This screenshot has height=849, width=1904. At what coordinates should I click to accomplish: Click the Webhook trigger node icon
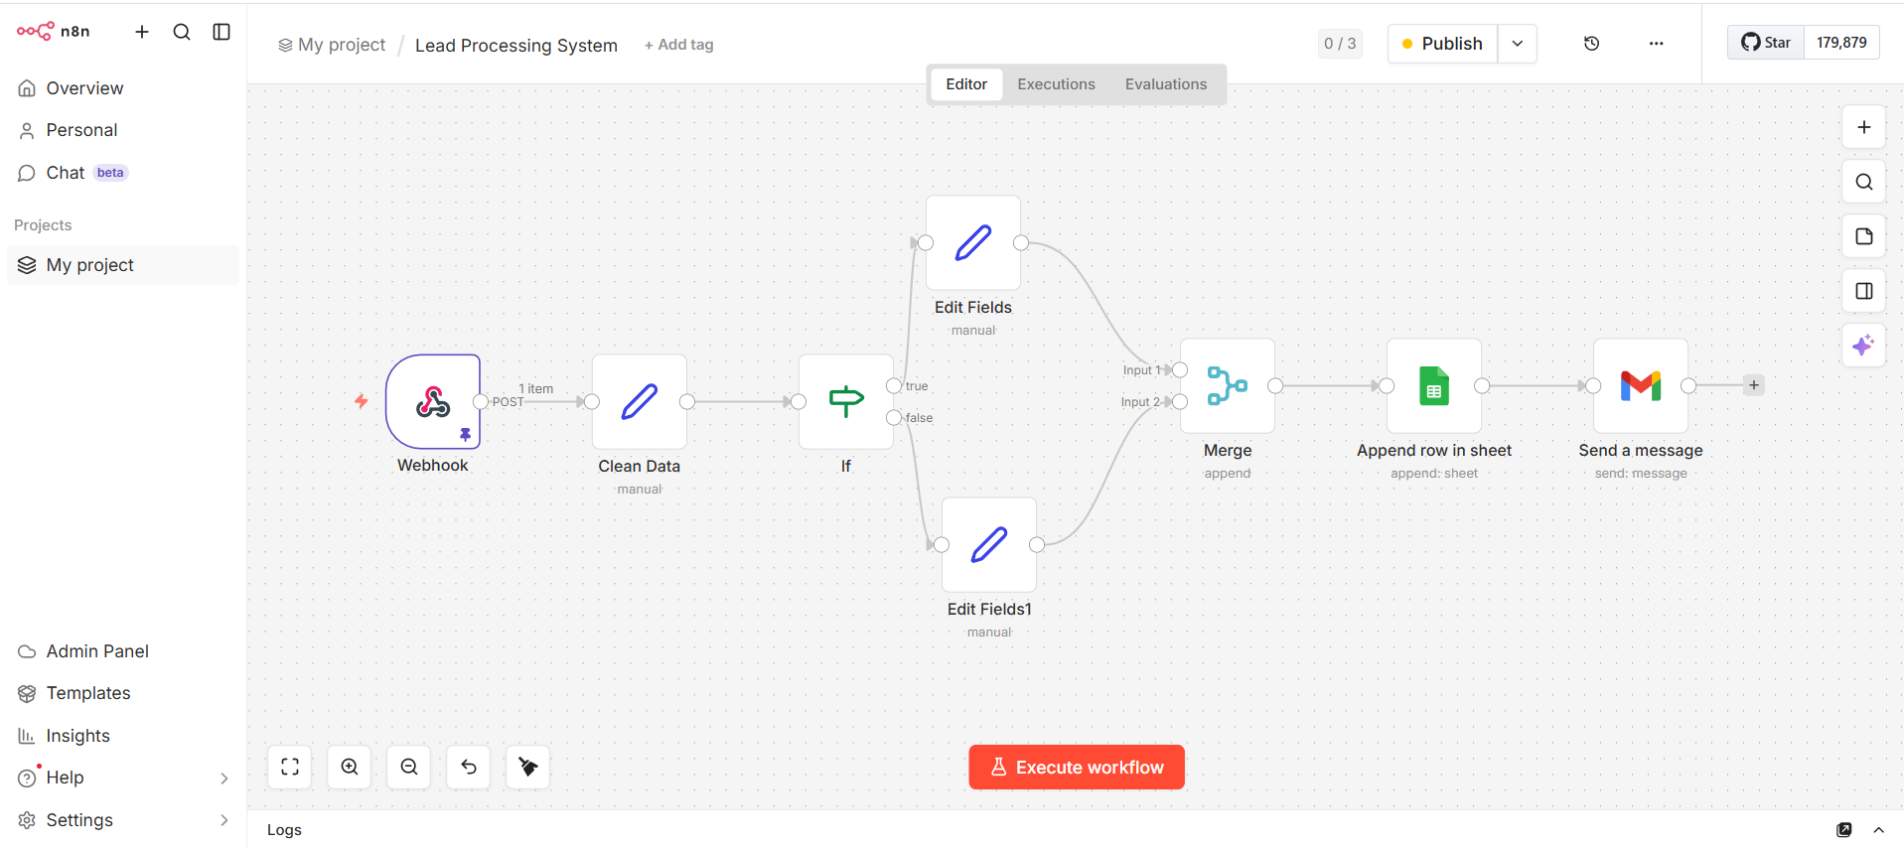(x=433, y=401)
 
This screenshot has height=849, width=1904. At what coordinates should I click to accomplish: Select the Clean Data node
(x=640, y=401)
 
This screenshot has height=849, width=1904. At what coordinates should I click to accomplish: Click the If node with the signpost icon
(x=846, y=401)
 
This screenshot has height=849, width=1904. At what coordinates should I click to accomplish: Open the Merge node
(x=1228, y=385)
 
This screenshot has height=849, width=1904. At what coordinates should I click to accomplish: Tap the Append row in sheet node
(x=1434, y=385)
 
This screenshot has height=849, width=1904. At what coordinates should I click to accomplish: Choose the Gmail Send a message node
(x=1641, y=385)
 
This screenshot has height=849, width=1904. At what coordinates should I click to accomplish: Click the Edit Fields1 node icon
(x=989, y=544)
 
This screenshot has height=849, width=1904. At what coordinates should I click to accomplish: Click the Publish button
(x=1442, y=44)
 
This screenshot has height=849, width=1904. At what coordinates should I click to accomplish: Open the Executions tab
(x=1056, y=84)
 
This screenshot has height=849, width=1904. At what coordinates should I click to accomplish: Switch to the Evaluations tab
(x=1166, y=84)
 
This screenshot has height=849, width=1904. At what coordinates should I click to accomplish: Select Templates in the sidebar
(x=88, y=693)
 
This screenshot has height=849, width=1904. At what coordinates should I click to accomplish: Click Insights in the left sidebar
(x=77, y=736)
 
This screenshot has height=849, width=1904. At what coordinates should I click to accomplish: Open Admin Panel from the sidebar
(x=97, y=651)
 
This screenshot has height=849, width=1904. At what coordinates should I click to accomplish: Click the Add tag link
(x=679, y=45)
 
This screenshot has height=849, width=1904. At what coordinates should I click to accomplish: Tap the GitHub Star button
(x=1766, y=43)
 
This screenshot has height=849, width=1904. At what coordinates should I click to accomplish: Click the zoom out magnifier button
(x=409, y=767)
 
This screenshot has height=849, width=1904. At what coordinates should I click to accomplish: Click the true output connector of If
(x=894, y=385)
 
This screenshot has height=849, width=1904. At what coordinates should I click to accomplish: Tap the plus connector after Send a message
(x=1754, y=385)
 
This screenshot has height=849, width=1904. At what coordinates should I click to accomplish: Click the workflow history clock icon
(x=1591, y=44)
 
